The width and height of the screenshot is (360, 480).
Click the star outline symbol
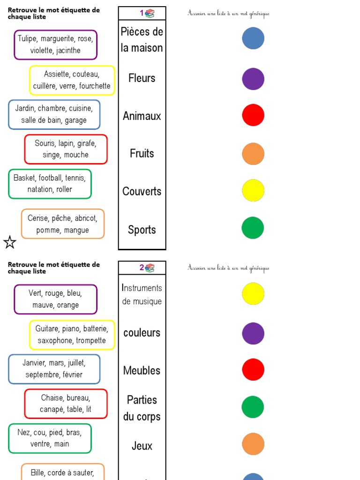click(x=10, y=242)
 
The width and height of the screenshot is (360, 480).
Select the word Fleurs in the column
click(x=142, y=78)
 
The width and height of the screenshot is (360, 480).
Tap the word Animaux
click(x=142, y=116)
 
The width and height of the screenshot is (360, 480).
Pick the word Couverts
click(x=142, y=191)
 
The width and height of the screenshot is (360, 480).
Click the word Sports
click(x=142, y=230)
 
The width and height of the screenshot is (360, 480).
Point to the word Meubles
click(x=142, y=370)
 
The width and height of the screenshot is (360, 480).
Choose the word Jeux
click(x=142, y=446)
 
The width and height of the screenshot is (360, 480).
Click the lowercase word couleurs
click(x=142, y=333)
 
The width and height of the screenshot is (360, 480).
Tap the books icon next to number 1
click(x=150, y=14)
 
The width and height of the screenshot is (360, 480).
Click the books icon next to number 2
click(x=150, y=268)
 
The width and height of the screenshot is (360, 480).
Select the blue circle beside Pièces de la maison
click(x=253, y=38)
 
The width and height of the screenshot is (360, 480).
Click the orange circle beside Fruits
click(x=253, y=154)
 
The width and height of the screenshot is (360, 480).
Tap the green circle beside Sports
click(x=253, y=228)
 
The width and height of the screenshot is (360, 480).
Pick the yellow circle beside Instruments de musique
click(x=253, y=293)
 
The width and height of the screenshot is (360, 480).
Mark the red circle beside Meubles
click(x=253, y=369)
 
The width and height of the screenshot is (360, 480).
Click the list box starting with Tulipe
click(x=55, y=45)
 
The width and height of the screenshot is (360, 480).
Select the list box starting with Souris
click(x=66, y=149)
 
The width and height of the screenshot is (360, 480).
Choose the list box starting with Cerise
click(x=62, y=224)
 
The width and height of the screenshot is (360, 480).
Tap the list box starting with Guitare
click(x=72, y=335)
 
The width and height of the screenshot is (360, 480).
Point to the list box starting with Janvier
click(x=54, y=369)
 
